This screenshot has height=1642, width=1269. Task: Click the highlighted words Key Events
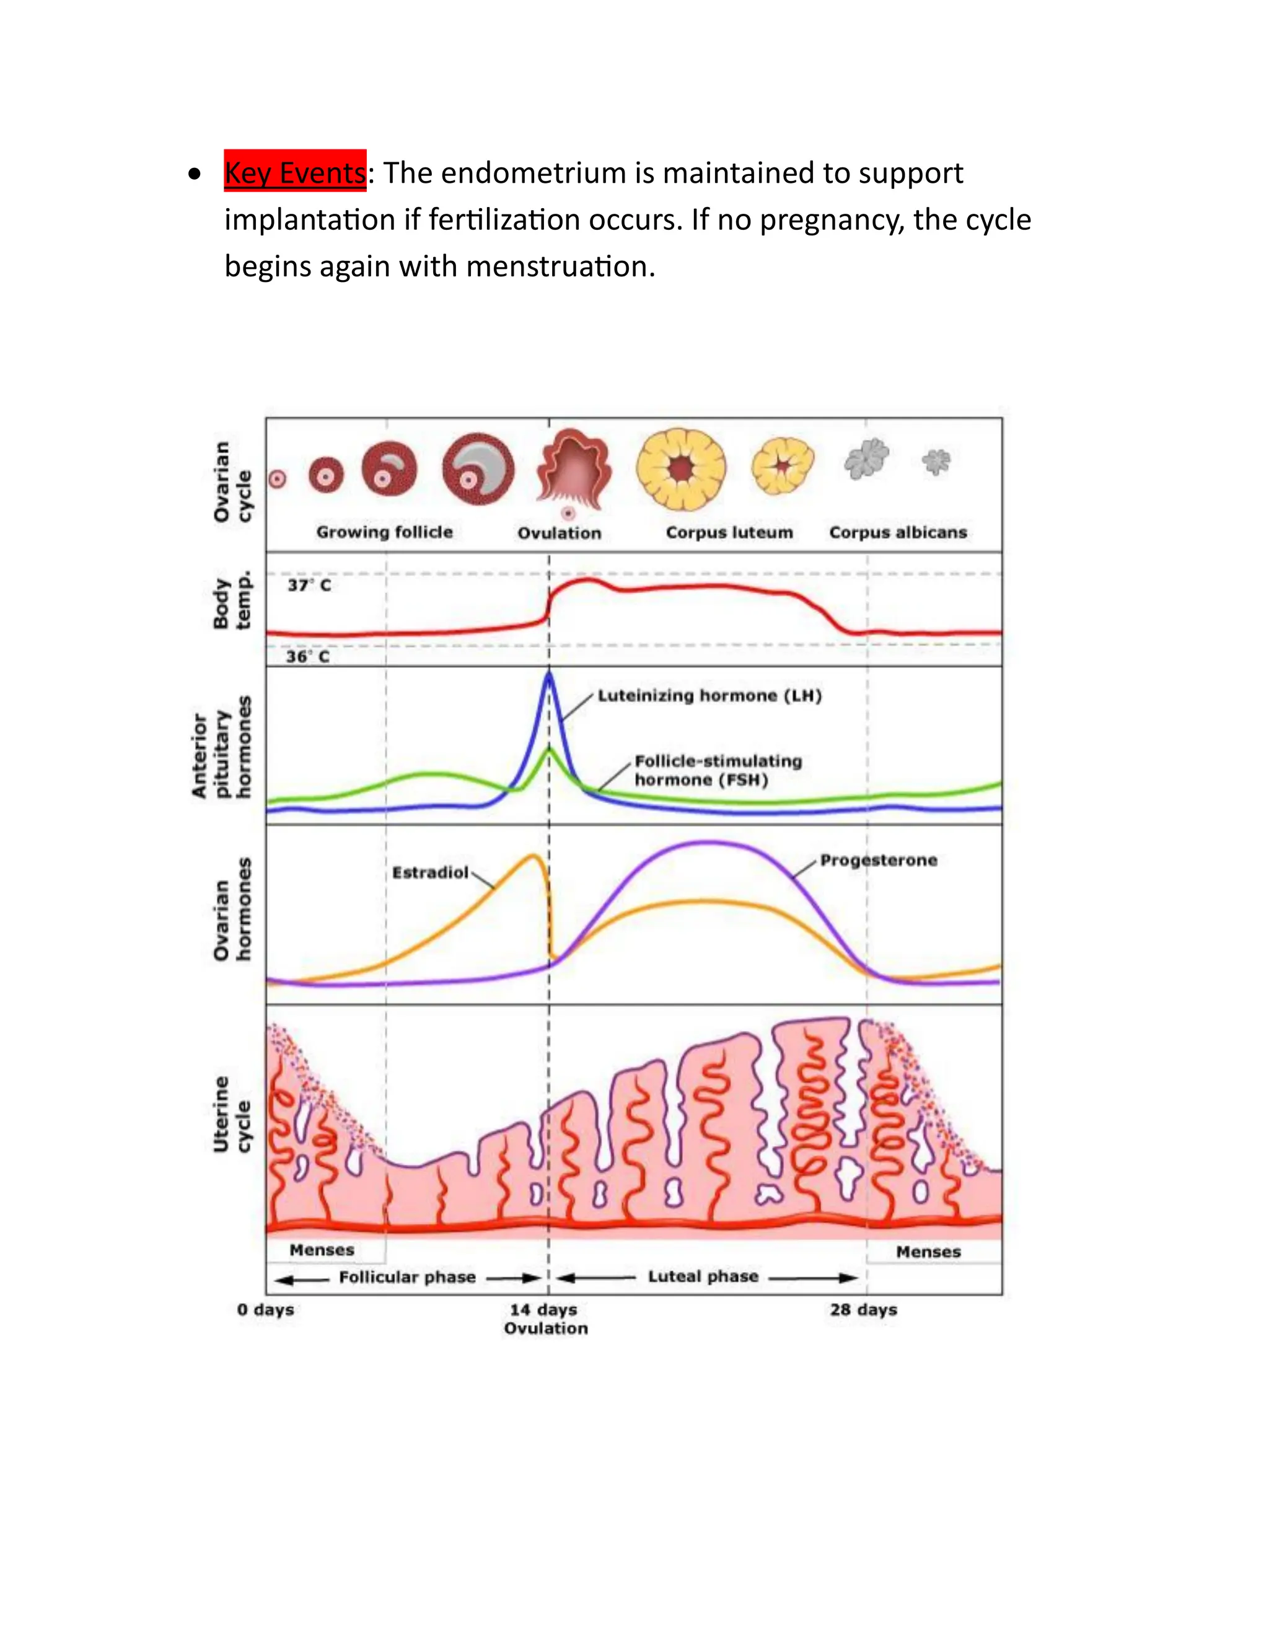[x=295, y=172]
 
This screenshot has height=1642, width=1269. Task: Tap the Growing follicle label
[x=384, y=532]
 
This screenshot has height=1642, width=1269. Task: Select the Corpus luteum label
[x=729, y=532]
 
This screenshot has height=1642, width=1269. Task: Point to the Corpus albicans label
[x=898, y=532]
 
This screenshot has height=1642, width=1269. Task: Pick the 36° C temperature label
[x=307, y=656]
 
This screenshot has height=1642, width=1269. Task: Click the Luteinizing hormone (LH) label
[x=709, y=695]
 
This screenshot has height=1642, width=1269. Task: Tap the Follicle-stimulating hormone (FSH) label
[x=718, y=770]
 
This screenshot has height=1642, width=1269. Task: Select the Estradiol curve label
[x=430, y=872]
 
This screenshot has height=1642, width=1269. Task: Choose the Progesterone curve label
[x=878, y=860]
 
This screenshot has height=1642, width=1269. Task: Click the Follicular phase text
[x=406, y=1276]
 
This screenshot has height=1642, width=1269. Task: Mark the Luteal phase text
[x=703, y=1276]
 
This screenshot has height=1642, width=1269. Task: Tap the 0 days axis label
[x=265, y=1309]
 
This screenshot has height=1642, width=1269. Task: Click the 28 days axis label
[x=863, y=1309]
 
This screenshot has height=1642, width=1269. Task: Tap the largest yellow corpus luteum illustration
[x=681, y=468]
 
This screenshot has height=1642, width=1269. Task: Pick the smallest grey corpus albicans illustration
[x=936, y=462]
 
